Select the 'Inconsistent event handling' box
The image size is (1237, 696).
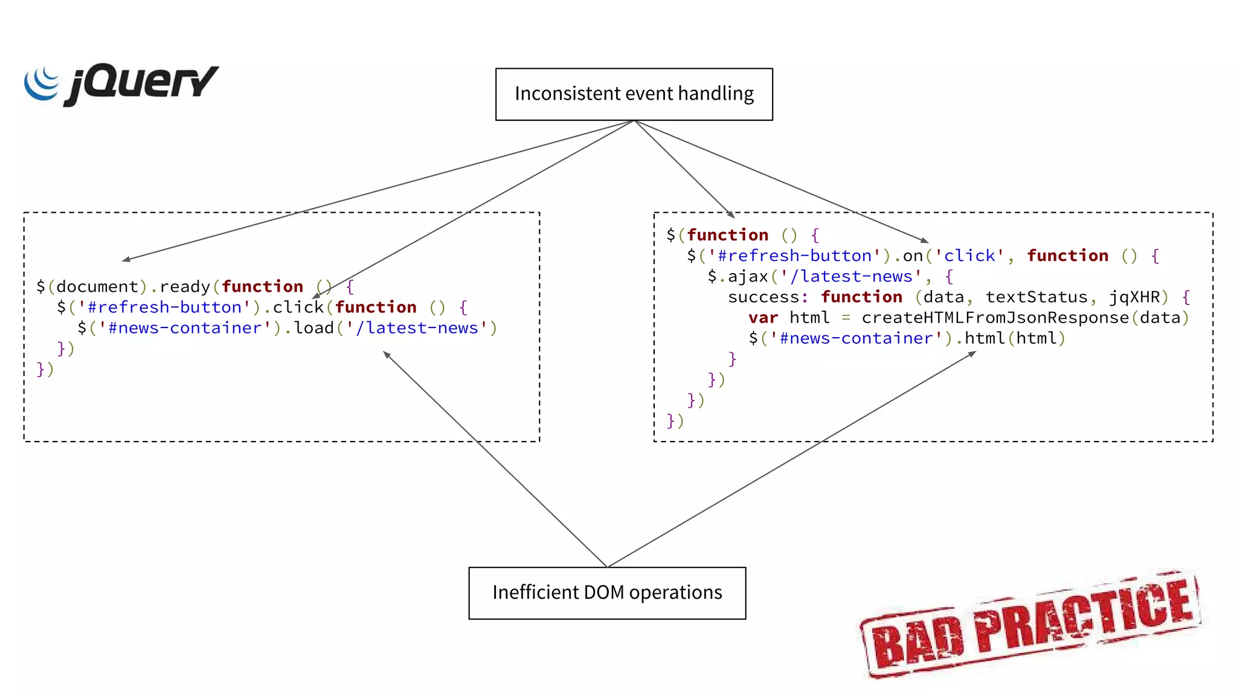coord(634,94)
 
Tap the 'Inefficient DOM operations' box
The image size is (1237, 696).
coord(607,593)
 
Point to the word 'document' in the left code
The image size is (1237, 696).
coord(97,286)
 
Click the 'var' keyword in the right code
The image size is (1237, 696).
coord(763,318)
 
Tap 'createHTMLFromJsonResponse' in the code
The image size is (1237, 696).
coord(995,318)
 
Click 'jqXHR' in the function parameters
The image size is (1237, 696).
coord(1134,297)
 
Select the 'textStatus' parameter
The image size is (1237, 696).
coord(1036,297)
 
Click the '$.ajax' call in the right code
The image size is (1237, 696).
coord(738,277)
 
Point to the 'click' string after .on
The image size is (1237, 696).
coord(969,256)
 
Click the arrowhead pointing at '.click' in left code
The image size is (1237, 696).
coord(316,295)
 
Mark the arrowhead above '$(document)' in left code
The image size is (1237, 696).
coord(126,260)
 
